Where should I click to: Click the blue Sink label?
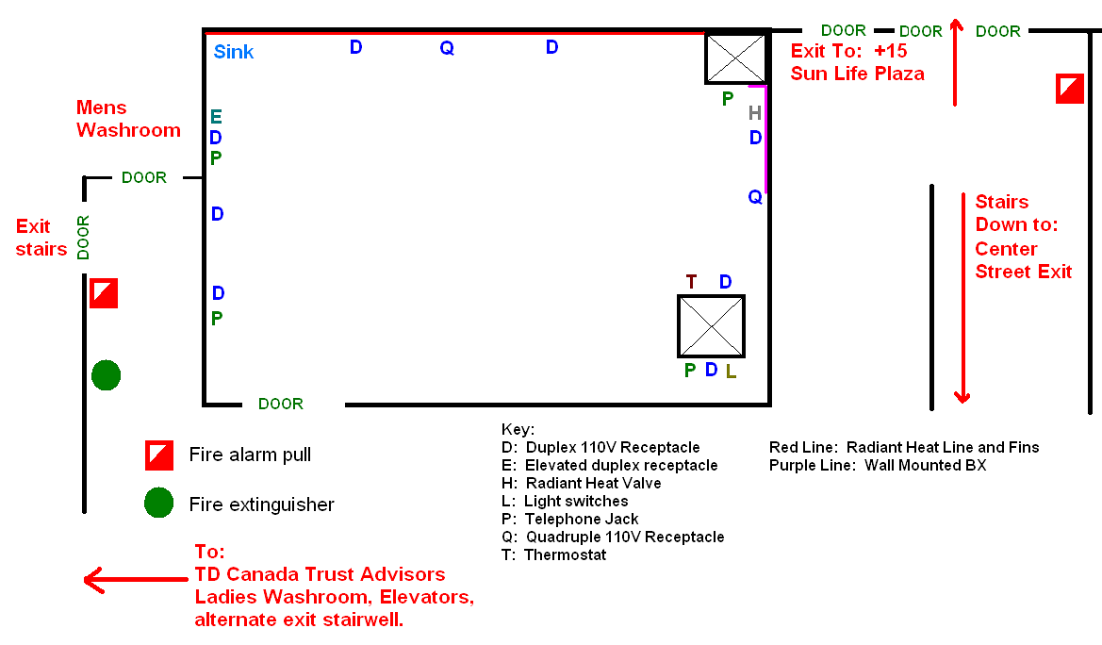click(x=234, y=52)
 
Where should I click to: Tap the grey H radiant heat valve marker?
click(x=755, y=113)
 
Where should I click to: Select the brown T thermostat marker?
click(x=692, y=282)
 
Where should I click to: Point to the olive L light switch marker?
click(x=731, y=372)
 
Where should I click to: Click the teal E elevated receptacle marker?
click(x=216, y=117)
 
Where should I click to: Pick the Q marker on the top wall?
click(x=447, y=48)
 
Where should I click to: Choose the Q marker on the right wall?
click(x=755, y=197)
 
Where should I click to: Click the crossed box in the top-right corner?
click(x=736, y=58)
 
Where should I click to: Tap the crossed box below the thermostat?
click(x=711, y=326)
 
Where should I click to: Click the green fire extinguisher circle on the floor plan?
click(x=107, y=375)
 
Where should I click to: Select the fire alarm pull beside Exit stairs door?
click(x=104, y=293)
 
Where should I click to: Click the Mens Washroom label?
click(x=128, y=119)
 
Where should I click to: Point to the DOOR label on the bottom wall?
click(x=281, y=404)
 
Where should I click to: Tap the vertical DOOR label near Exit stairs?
click(x=83, y=238)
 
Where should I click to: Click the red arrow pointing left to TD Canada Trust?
click(x=136, y=580)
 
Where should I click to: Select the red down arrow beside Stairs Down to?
click(x=962, y=298)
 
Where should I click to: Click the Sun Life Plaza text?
click(x=858, y=74)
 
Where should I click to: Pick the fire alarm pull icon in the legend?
click(x=159, y=455)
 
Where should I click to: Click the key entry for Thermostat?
click(x=553, y=555)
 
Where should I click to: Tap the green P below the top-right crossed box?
click(x=728, y=99)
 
